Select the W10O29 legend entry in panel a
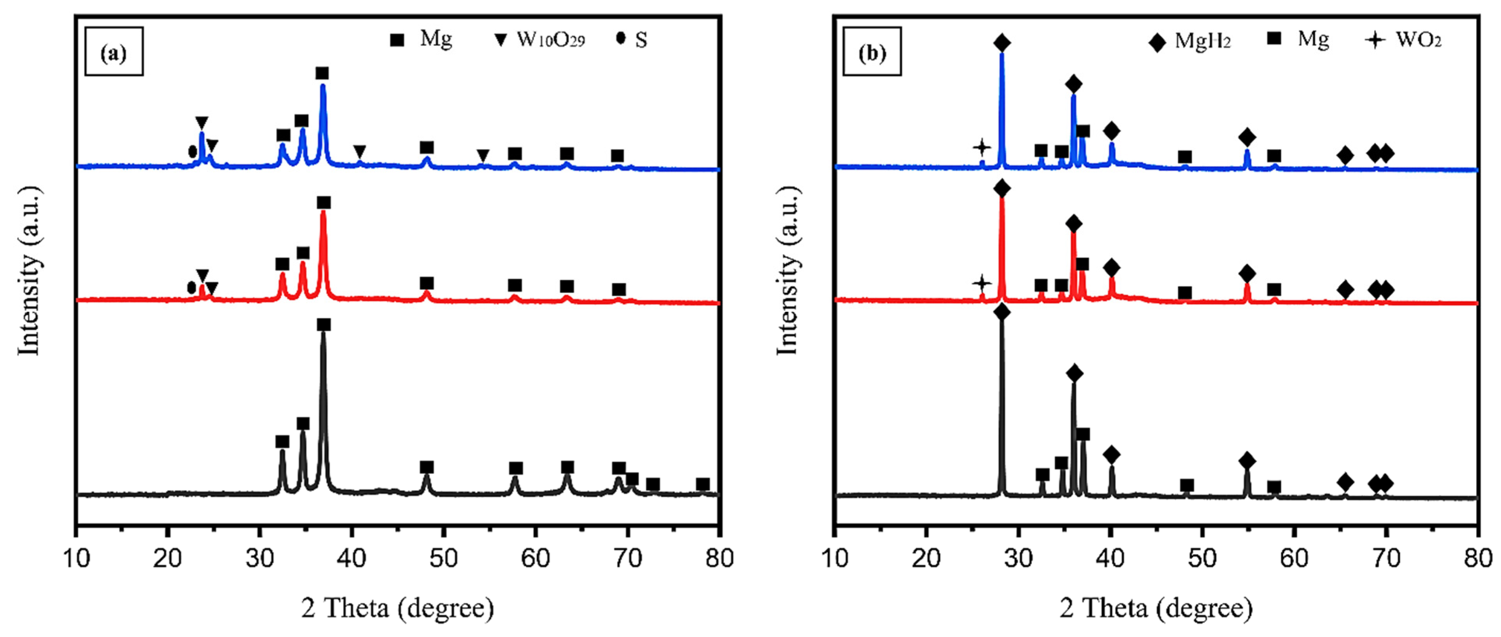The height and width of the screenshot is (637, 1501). pyautogui.click(x=540, y=40)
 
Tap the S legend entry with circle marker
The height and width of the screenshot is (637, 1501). pyautogui.click(x=632, y=40)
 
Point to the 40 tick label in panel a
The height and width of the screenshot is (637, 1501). pyautogui.click(x=351, y=558)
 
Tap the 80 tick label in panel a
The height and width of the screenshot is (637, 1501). pyautogui.click(x=720, y=558)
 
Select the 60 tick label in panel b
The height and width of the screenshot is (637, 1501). pyautogui.click(x=1294, y=558)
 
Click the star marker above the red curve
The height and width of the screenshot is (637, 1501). pyautogui.click(x=982, y=284)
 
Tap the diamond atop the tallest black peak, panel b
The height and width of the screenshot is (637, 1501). pyautogui.click(x=1002, y=312)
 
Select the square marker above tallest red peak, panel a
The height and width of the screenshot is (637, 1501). pyautogui.click(x=324, y=203)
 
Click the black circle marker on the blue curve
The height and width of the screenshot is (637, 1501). pyautogui.click(x=192, y=151)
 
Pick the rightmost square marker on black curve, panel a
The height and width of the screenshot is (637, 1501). pyautogui.click(x=703, y=484)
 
